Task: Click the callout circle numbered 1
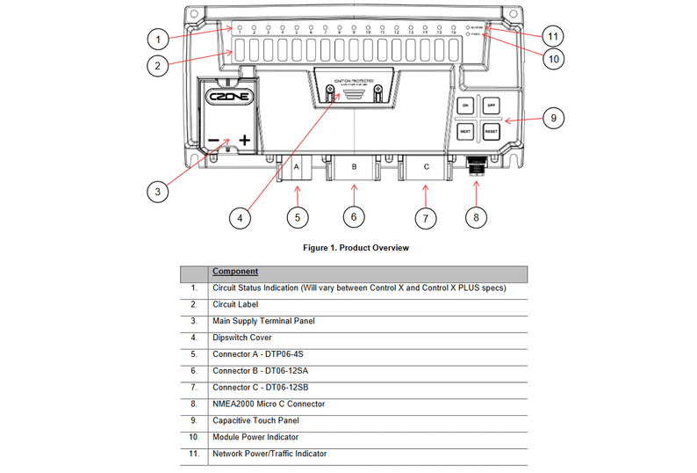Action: pos(157,39)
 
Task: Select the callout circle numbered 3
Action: pos(157,190)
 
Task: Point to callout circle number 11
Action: pos(550,37)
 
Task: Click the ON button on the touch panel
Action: pos(465,105)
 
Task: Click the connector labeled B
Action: pos(353,167)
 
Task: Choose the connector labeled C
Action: pos(426,167)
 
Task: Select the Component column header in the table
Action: pos(235,272)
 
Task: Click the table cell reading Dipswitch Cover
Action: pos(241,338)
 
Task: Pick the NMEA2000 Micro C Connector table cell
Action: pos(269,404)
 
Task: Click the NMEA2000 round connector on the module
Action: pos(476,164)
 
